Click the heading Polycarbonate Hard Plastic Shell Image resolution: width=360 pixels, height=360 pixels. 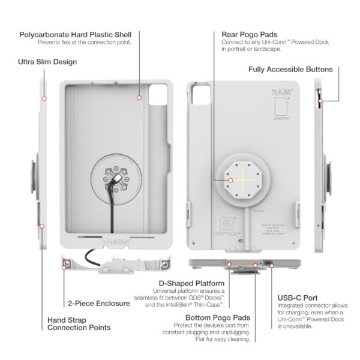[75, 34]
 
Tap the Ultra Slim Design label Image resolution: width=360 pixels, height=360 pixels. [47, 61]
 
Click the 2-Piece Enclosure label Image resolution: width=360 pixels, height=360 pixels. [99, 304]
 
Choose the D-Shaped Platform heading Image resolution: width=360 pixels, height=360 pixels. [191, 283]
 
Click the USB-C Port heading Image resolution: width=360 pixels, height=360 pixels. [298, 298]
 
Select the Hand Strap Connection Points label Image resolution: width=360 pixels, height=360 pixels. [79, 323]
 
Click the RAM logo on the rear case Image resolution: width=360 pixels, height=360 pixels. [282, 92]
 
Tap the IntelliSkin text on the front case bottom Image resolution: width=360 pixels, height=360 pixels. [113, 242]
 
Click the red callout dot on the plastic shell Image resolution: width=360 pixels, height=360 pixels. [139, 97]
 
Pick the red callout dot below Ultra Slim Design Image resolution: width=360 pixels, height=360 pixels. [44, 98]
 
